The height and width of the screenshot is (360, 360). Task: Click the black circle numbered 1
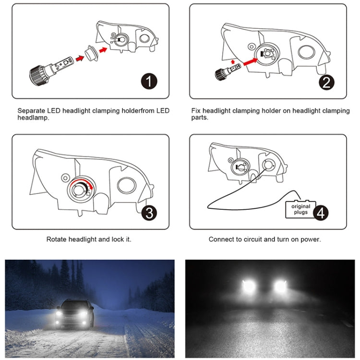(149, 81)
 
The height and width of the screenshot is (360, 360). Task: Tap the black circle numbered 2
(326, 82)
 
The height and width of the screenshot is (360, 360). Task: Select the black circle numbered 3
(149, 213)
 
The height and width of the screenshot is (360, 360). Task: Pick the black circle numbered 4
(321, 213)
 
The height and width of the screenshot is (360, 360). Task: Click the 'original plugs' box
(300, 209)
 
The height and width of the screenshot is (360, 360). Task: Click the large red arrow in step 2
(251, 61)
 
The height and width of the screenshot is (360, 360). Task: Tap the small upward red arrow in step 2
(233, 61)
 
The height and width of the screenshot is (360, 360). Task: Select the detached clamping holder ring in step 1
(92, 53)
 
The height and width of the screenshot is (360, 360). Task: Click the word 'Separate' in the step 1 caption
(31, 111)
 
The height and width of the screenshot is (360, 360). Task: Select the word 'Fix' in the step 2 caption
(196, 111)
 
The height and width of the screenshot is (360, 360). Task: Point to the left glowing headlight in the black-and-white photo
(248, 286)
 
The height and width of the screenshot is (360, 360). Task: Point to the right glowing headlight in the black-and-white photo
(281, 286)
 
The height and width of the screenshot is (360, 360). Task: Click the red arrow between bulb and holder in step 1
(80, 58)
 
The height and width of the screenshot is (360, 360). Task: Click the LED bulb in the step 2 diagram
(228, 71)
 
